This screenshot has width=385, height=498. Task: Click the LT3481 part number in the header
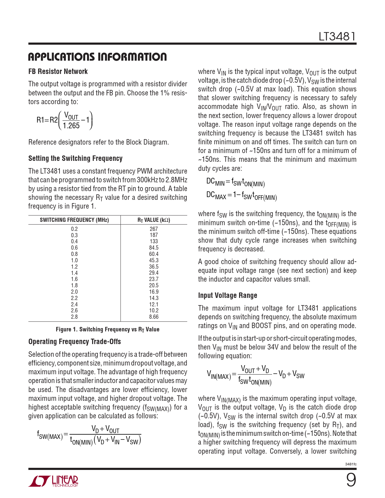[x=337, y=37]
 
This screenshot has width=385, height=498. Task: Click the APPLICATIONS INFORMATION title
[x=97, y=57]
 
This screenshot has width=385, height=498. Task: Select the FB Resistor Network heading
[x=58, y=72]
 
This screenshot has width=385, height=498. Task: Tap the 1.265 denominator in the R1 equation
[x=71, y=126]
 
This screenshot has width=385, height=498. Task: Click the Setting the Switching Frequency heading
[x=75, y=158]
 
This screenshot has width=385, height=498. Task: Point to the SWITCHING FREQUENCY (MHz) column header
[x=74, y=220]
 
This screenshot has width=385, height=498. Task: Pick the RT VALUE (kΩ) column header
[x=154, y=220]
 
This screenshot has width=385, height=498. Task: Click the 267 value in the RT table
[x=154, y=229]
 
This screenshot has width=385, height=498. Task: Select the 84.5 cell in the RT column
[x=154, y=248]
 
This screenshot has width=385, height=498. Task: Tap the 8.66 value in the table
[x=154, y=317]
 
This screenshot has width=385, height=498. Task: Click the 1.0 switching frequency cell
[x=74, y=260]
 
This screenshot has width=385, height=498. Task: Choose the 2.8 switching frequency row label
[x=74, y=317]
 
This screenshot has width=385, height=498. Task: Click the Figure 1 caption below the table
[x=107, y=329]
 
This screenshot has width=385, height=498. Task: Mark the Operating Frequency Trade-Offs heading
[x=75, y=342]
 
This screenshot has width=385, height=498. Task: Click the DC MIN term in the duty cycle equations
[x=215, y=182]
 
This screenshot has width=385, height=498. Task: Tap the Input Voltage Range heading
[x=228, y=295]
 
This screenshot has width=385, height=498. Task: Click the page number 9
[x=351, y=480]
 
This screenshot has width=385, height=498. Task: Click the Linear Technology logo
[x=53, y=481]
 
